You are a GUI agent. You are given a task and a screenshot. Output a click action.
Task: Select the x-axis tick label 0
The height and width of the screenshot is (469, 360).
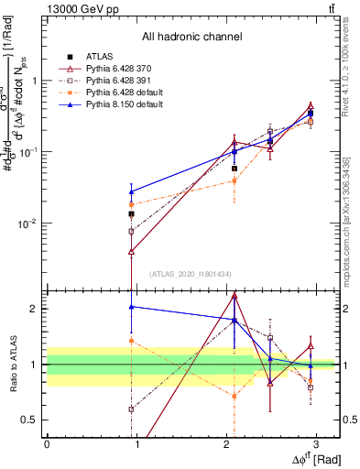coord(47,445)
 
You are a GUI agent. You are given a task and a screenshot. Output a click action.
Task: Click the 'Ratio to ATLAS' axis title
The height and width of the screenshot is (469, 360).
coord(11,364)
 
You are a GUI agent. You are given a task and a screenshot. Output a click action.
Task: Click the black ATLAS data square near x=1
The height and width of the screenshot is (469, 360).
coord(132,213)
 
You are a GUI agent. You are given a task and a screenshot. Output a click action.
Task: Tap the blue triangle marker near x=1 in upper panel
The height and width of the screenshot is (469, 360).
coord(132,191)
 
